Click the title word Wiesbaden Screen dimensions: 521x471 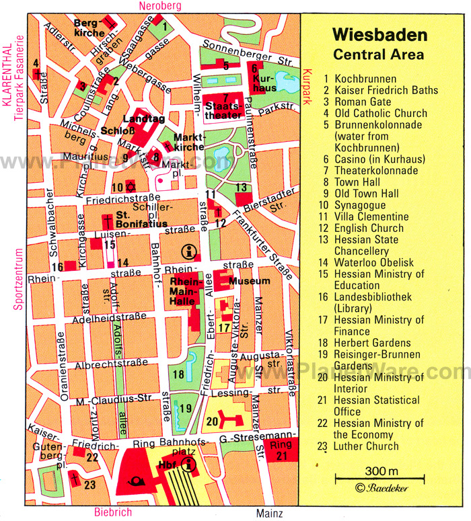[379, 34]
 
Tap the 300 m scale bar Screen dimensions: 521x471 [380, 478]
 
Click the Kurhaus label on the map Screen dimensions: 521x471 [264, 83]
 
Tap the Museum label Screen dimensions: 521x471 [250, 280]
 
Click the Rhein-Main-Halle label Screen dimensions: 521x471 [186, 290]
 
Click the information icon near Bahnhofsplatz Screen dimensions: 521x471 [190, 464]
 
